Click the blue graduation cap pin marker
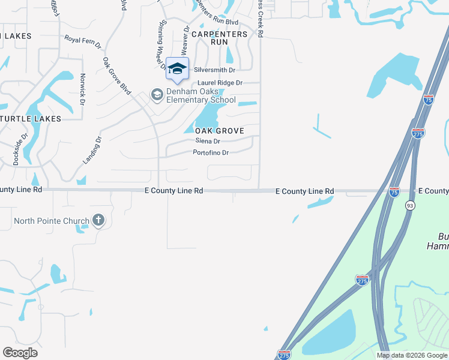pos(177,69)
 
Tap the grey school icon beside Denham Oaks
pos(157,95)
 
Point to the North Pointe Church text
pos(52,221)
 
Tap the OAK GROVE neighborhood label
pos(219,131)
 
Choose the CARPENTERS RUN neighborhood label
pos(219,38)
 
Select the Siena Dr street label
pos(208,141)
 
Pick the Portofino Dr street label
pos(211,153)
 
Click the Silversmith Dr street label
pos(214,70)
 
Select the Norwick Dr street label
pos(83,90)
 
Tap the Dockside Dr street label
pos(17,149)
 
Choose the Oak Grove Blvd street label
pos(117,76)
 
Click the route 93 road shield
pos(409,205)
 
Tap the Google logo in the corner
pos(20,353)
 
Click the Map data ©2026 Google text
pos(411,355)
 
